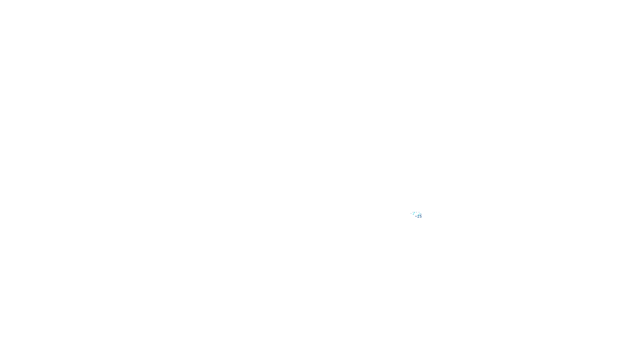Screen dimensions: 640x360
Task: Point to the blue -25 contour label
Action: (x=418, y=216)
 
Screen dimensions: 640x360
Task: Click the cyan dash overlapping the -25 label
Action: (x=419, y=214)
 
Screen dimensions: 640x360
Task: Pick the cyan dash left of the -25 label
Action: (x=414, y=213)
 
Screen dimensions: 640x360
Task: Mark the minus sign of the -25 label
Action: (x=416, y=216)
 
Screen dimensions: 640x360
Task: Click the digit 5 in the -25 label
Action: (x=421, y=216)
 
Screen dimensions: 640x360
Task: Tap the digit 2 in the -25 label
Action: (x=418, y=216)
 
